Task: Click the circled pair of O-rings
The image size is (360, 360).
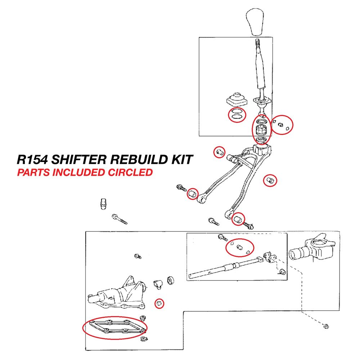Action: click(x=237, y=114)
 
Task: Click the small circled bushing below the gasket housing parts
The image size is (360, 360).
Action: click(x=159, y=303)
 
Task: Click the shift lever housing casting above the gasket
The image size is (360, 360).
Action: click(x=119, y=294)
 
